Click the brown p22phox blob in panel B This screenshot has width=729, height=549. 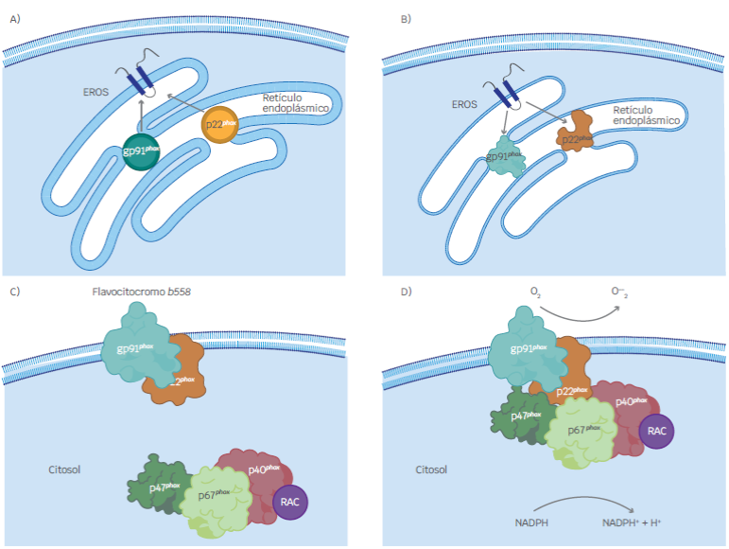(576, 133)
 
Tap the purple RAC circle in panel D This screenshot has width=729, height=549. (656, 431)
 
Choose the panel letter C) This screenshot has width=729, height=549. (14, 291)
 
